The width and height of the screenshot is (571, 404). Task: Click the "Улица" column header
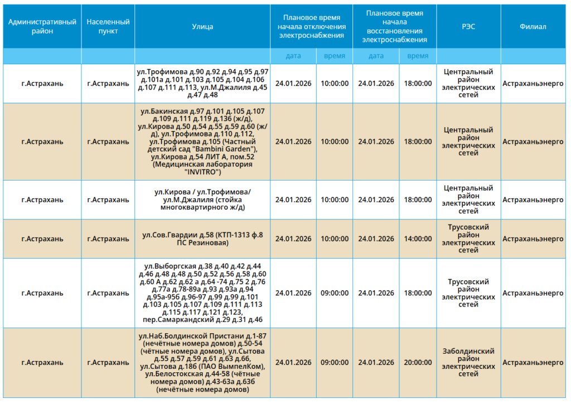tap(202, 27)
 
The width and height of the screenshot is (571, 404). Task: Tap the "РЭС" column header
tap(468, 27)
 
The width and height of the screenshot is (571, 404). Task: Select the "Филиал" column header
tap(533, 27)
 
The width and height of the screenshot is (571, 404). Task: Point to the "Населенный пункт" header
tap(108, 27)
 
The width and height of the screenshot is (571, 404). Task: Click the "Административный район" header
tap(42, 27)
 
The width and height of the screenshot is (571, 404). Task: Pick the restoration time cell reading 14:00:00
tap(418, 238)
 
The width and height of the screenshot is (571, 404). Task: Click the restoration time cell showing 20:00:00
tap(418, 363)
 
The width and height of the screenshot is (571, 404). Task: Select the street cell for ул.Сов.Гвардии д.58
tap(202, 238)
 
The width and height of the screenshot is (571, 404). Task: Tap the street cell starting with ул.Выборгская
tap(202, 293)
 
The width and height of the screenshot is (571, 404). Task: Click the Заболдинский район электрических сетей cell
tap(468, 363)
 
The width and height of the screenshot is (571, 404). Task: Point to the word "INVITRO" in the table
tap(203, 172)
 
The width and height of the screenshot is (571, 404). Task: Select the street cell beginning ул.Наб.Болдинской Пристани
tap(202, 363)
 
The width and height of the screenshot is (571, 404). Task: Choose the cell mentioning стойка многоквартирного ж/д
tap(202, 200)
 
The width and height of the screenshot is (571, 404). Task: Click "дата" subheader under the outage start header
tap(293, 56)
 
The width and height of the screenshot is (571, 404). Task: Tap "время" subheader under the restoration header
tap(418, 56)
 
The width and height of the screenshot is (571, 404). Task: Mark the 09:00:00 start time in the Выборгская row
tap(335, 293)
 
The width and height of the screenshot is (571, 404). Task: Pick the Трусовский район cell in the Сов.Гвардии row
tap(468, 238)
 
